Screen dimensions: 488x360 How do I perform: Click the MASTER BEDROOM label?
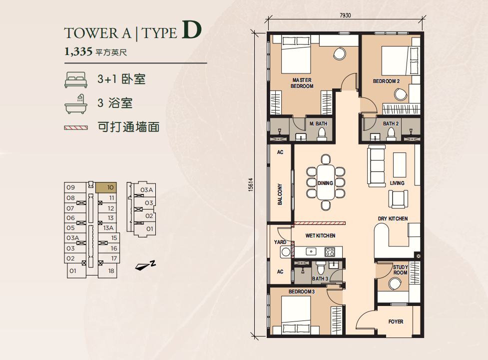pos(302,83)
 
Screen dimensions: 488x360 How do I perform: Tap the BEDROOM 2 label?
pos(386,81)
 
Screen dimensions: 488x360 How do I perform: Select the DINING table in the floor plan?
pos(326,182)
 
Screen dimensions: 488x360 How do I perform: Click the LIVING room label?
pos(397,183)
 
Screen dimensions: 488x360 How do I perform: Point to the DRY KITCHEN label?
pos(393,218)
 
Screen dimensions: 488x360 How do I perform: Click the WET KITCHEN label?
pos(320,235)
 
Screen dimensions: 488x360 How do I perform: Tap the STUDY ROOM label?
pos(400,269)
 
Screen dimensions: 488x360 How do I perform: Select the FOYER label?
pos(396,321)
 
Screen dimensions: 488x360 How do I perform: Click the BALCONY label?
pos(280,194)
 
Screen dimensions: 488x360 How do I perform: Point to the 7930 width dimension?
pos(345,15)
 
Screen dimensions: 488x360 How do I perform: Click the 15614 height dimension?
pos(251,184)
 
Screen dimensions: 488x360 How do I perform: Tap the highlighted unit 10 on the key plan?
pos(106,187)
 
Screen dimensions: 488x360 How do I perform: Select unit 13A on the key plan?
pos(108,228)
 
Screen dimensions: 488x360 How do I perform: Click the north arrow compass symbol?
pos(145,265)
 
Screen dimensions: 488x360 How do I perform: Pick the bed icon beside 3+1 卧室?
pos(75,79)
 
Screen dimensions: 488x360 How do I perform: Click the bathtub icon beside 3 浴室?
pos(75,104)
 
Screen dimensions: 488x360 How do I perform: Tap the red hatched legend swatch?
pos(76,127)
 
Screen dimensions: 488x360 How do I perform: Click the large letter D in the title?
pos(191,30)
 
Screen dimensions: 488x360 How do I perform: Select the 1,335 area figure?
pos(78,51)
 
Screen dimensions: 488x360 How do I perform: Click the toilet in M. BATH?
pos(321,134)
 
